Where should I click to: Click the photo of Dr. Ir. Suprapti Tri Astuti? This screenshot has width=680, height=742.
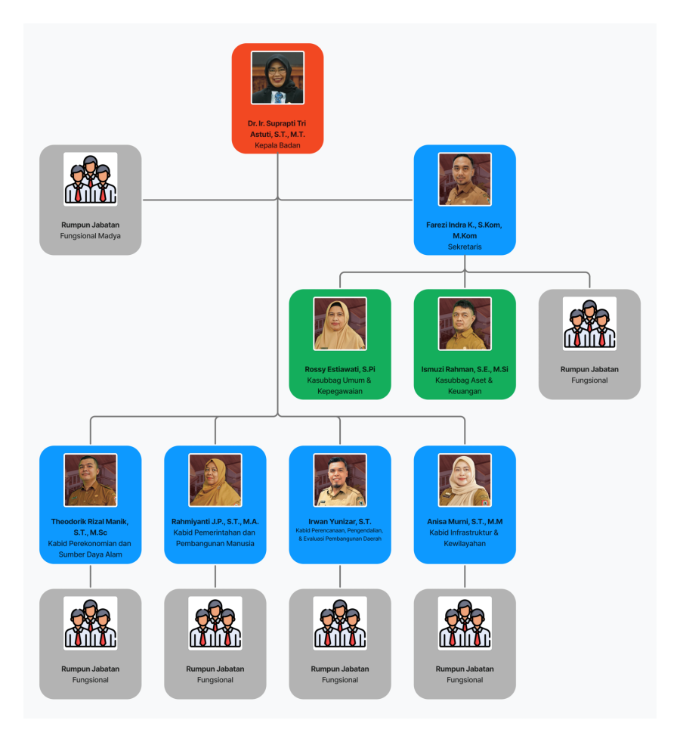coord(277,77)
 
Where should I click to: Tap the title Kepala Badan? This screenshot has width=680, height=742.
coord(277,145)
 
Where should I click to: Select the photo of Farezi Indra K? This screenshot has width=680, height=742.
coord(465,179)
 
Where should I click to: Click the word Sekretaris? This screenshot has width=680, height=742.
coord(465,247)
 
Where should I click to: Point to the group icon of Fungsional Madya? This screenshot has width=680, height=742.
coord(91,179)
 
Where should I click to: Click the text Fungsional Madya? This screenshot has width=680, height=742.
coord(91,236)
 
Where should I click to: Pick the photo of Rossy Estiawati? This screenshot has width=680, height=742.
coord(340,324)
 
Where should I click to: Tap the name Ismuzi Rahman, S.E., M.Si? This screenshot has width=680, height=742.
coord(465,369)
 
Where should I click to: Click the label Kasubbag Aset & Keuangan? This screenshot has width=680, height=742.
coord(465,386)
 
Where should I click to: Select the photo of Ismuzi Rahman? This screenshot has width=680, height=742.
coord(465,324)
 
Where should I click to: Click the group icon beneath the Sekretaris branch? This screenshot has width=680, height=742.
coord(589,324)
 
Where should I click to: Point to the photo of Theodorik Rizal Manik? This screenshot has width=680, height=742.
coord(91,480)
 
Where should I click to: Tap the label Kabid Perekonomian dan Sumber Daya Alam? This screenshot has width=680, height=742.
coord(91,549)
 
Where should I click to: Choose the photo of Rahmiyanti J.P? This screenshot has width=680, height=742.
coord(215,480)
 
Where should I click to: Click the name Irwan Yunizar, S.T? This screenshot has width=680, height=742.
coord(340,521)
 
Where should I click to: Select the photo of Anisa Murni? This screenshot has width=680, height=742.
coord(465,480)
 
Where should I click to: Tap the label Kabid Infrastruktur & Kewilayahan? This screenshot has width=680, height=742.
coord(465,538)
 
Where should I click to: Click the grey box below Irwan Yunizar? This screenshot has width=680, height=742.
coord(340,644)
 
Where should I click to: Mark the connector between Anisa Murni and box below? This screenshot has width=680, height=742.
coord(465,576)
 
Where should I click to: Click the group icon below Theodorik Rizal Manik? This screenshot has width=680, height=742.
coord(91,623)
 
